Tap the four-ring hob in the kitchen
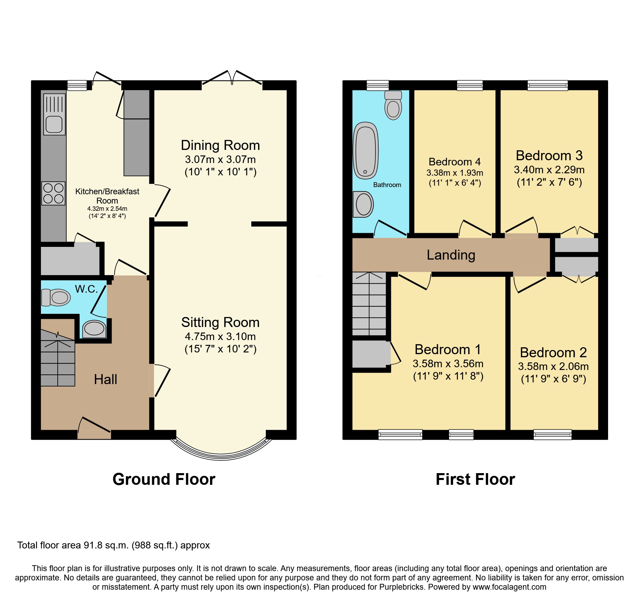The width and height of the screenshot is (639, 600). click(54, 193)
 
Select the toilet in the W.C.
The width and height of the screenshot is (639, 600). click(56, 297)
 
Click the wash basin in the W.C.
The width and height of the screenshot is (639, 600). click(94, 329)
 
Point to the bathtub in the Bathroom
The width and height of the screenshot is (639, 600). click(366, 151)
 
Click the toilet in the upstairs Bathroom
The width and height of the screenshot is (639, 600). click(393, 105)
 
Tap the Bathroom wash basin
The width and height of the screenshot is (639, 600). click(363, 204)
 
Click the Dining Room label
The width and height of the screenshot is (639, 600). click(221, 145)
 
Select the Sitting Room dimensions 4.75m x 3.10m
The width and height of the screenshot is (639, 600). click(221, 336)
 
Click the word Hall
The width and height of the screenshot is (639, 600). click(105, 379)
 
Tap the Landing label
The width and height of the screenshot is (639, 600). click(451, 255)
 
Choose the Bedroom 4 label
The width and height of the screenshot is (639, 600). click(455, 162)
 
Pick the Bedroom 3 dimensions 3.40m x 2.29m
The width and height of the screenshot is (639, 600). click(549, 170)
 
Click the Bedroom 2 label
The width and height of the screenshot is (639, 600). click(553, 352)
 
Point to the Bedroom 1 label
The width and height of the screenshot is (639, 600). click(448, 349)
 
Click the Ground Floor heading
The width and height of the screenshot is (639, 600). click(164, 479)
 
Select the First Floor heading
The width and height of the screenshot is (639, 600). click(475, 479)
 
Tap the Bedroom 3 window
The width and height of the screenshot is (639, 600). click(548, 85)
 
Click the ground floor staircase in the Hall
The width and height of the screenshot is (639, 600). click(58, 358)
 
